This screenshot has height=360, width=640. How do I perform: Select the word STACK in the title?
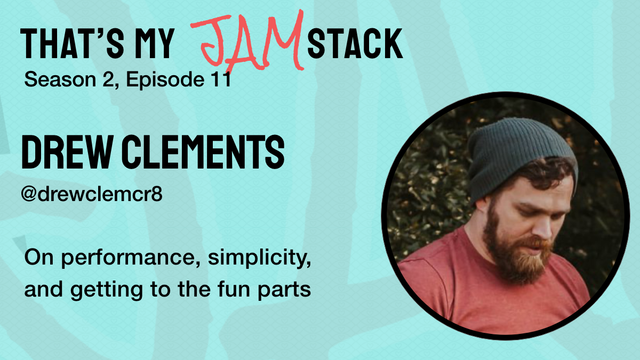pos(355,44)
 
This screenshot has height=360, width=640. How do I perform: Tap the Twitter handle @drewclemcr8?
pos(91,194)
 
